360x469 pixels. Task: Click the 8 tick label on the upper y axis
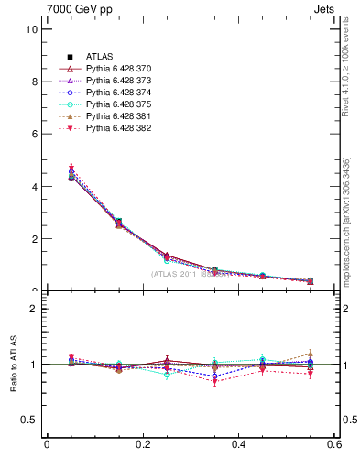coord(34,82)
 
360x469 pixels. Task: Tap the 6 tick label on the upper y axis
coord(34,134)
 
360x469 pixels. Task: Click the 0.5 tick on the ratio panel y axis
coord(29,420)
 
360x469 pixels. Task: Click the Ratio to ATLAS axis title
coord(12,365)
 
